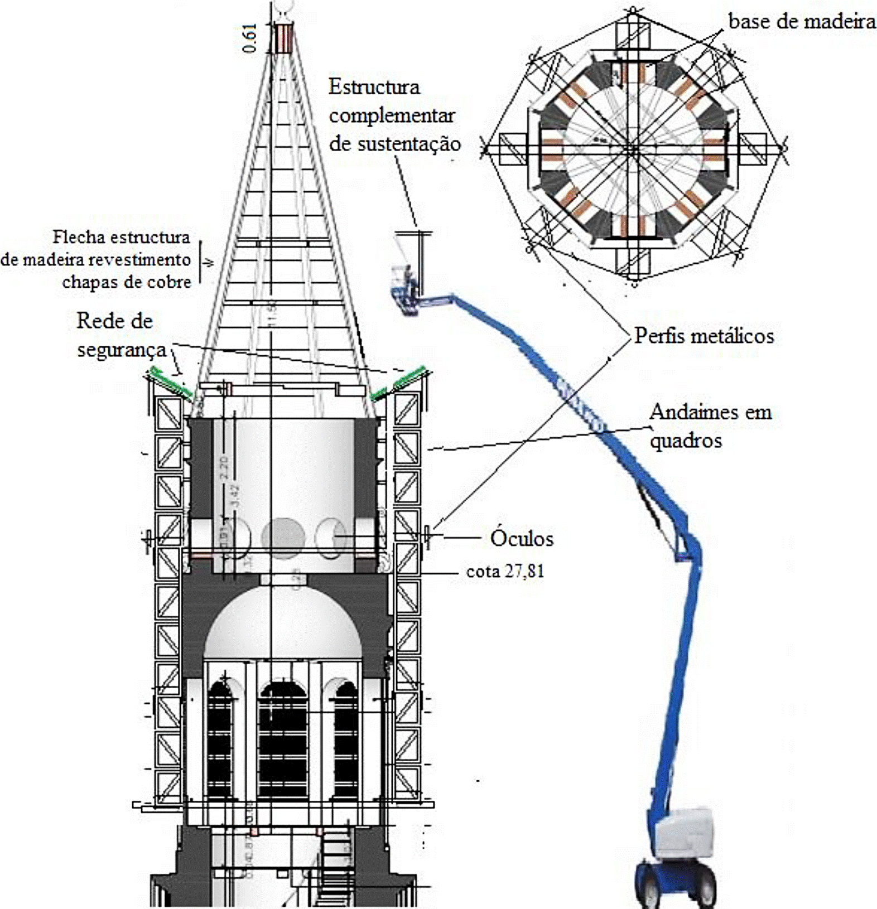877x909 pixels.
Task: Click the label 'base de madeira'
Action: pos(802,21)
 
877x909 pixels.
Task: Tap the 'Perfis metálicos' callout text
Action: pos(704,336)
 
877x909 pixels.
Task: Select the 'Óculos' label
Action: pos(522,538)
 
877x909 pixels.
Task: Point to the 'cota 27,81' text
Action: pos(505,571)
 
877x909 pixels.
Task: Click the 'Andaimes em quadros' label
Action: pos(710,426)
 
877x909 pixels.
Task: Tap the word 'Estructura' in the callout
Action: pos(374,87)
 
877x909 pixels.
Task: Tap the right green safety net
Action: pos(398,383)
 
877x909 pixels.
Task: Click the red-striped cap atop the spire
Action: pos(282,38)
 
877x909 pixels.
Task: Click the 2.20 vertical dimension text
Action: pos(224,467)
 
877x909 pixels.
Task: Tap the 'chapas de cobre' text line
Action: pos(127,282)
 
